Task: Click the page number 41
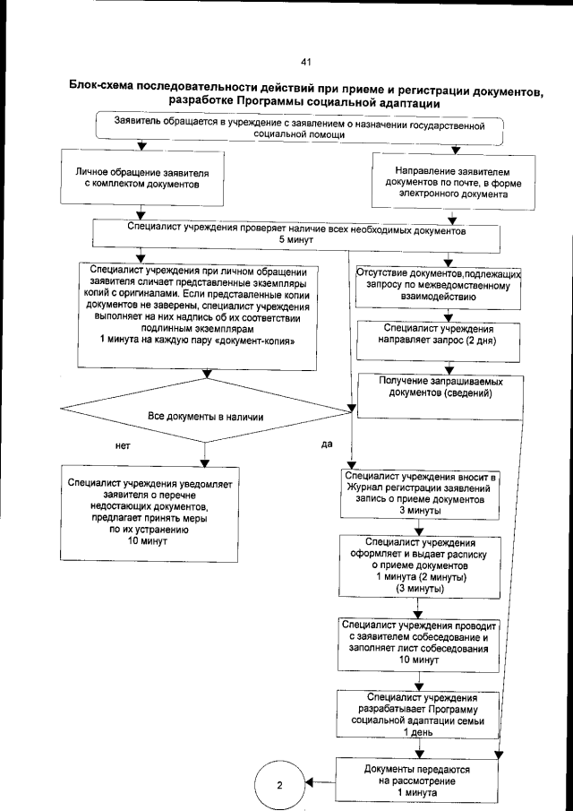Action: [305, 62]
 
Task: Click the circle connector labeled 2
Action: [279, 785]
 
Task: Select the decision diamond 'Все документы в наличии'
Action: [204, 416]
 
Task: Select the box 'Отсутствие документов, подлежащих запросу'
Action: [432, 285]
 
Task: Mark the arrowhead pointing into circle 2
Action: [310, 781]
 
